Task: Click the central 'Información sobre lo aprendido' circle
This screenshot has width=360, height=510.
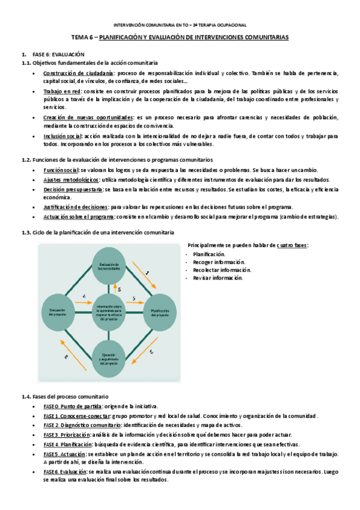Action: [108, 311]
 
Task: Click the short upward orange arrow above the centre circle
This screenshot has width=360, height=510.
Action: [116, 288]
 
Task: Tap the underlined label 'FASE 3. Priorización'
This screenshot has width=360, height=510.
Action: [67, 434]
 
